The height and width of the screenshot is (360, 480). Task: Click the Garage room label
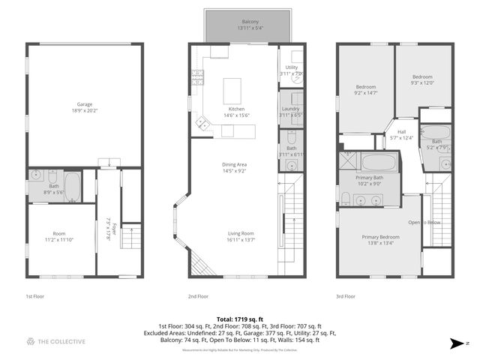[85, 106]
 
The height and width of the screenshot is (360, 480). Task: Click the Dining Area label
[235, 166]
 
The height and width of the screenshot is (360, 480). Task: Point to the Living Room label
[241, 236]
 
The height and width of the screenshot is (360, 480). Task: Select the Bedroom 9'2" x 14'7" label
[365, 90]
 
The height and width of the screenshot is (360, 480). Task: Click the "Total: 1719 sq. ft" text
[239, 319]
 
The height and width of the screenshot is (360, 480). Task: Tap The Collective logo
[55, 342]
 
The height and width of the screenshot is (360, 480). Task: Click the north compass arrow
[457, 343]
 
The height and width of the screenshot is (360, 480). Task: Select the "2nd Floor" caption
[198, 296]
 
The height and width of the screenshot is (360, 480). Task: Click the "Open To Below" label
[424, 223]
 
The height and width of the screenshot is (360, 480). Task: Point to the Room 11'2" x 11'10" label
[58, 236]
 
